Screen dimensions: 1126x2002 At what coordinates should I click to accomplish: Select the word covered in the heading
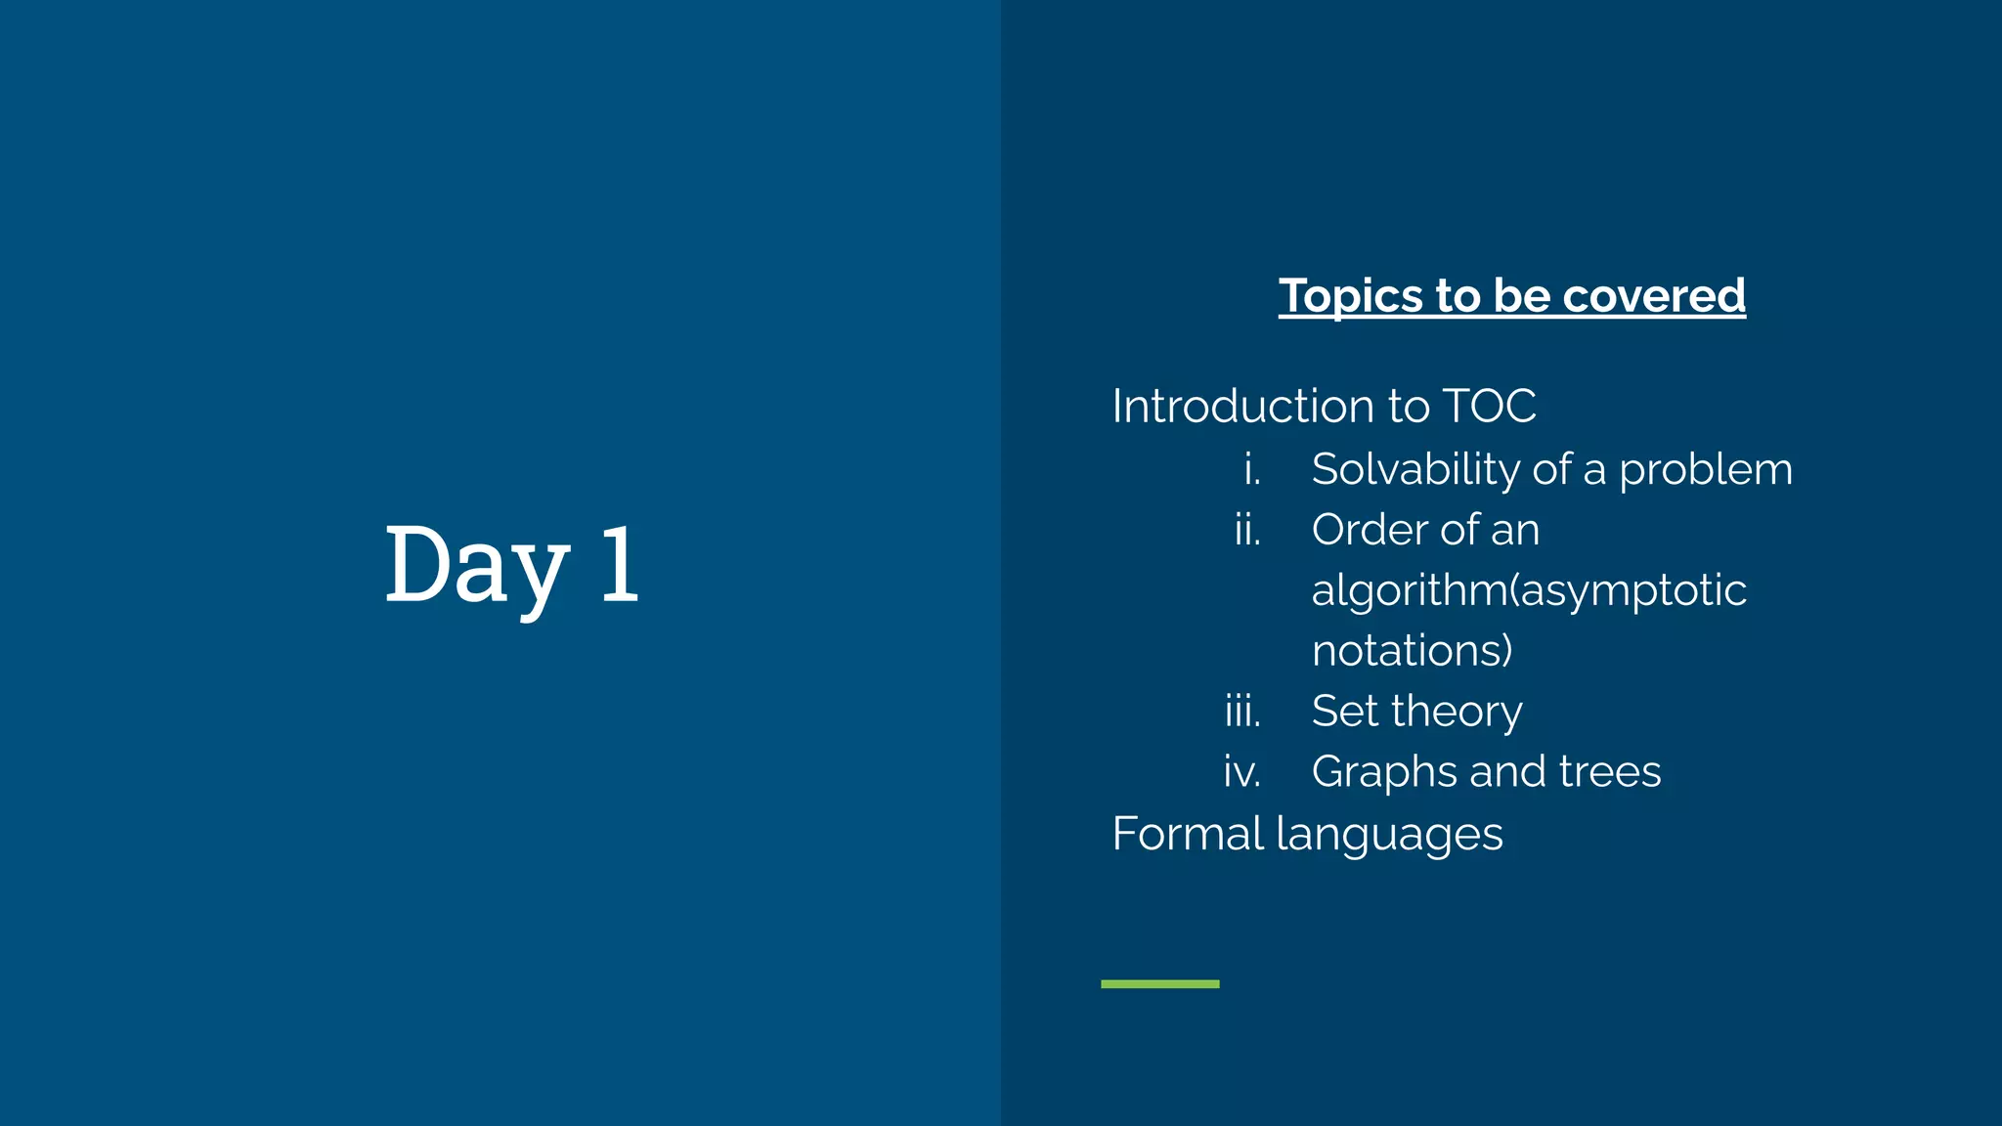[x=1654, y=295]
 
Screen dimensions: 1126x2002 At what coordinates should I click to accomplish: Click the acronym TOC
[x=1489, y=406]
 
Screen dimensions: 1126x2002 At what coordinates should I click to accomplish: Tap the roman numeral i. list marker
[x=1252, y=470]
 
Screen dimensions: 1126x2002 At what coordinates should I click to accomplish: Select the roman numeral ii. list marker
[x=1247, y=531]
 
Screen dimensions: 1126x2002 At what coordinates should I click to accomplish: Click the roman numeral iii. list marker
[x=1242, y=712]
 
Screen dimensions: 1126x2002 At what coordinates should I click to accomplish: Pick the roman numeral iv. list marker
[x=1242, y=772]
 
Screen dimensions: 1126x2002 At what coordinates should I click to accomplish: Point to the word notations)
[x=1412, y=651]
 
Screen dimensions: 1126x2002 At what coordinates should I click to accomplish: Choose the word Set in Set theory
[x=1345, y=712]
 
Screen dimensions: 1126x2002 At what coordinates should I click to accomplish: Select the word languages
[x=1389, y=835]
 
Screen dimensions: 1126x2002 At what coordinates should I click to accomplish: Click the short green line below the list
[x=1159, y=983]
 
